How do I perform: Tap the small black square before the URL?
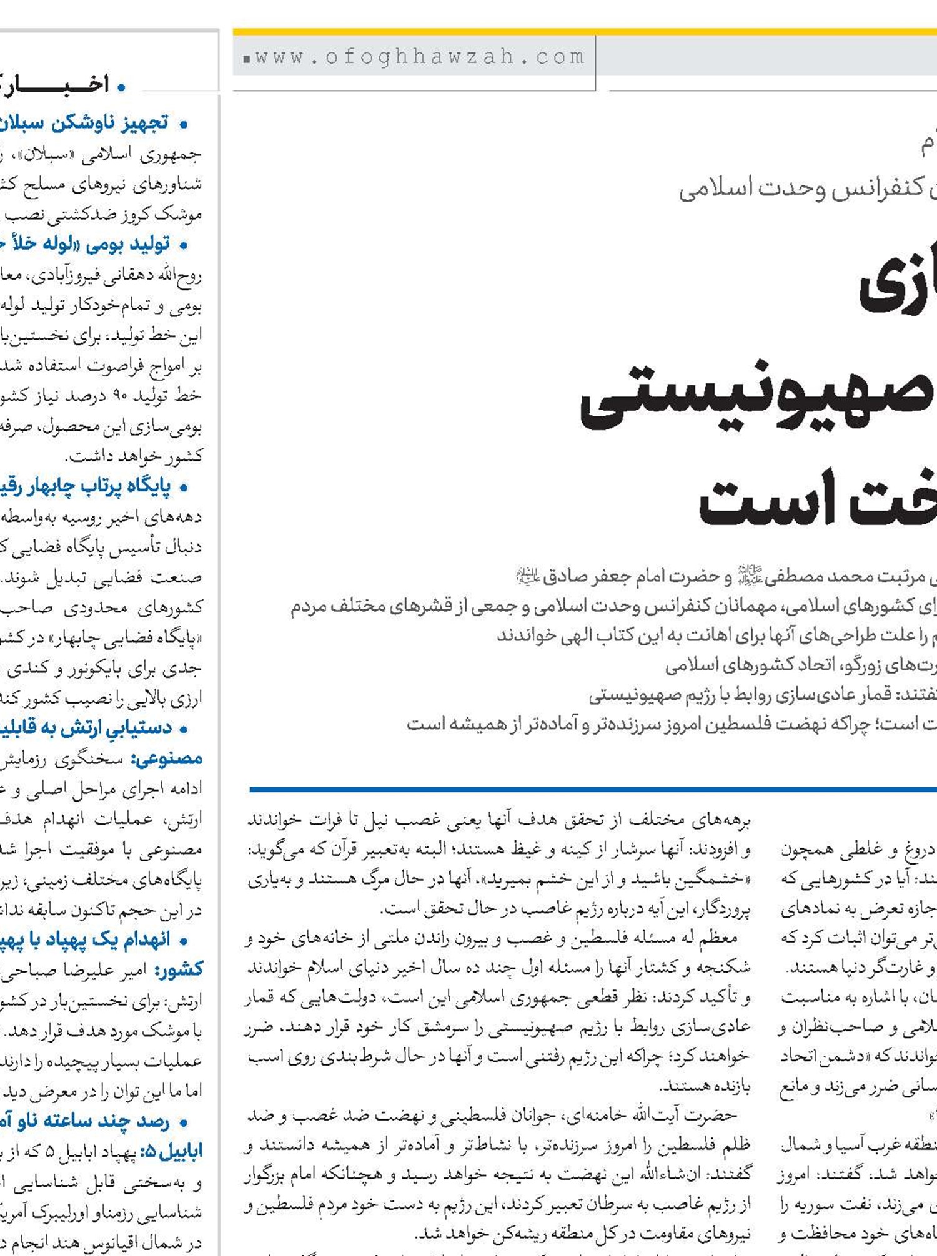coord(247,59)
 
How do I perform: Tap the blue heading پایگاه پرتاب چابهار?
coord(87,486)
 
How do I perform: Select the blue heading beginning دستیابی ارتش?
coord(87,728)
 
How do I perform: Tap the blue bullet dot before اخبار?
coord(122,87)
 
